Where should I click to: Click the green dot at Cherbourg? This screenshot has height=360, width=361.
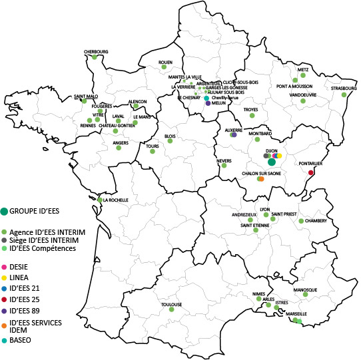tap(95, 57)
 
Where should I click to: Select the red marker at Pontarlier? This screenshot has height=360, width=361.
tap(311, 173)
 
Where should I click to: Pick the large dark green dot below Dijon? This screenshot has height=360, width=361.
tap(271, 162)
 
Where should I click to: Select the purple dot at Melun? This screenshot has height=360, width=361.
tap(208, 103)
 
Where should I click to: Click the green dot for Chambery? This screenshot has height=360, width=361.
tap(301, 221)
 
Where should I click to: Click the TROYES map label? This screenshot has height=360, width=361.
tap(251, 108)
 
